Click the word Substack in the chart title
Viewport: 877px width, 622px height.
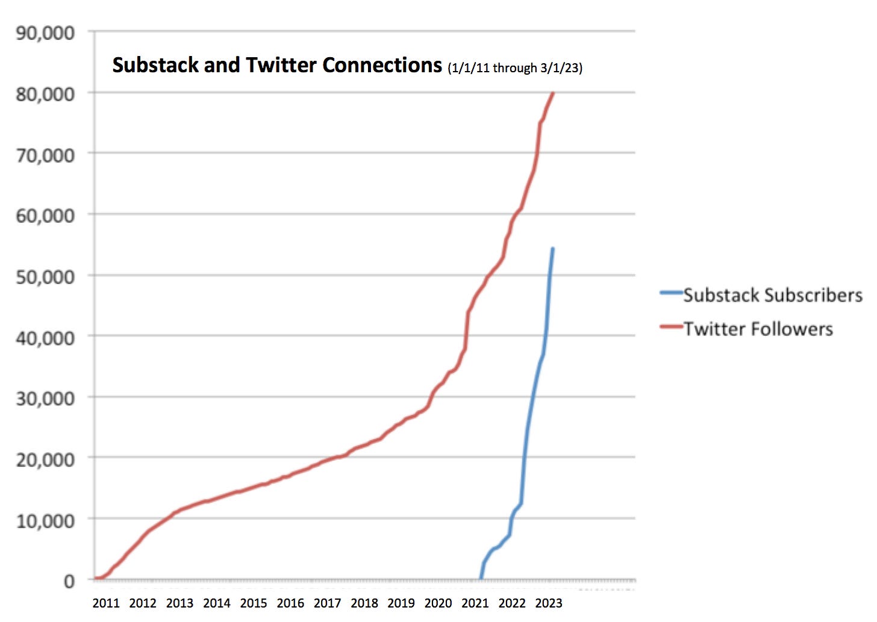click(x=155, y=65)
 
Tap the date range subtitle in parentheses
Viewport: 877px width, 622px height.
click(x=515, y=67)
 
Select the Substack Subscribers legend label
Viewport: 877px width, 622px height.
click(x=772, y=295)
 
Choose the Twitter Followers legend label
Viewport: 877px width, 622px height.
click(x=758, y=329)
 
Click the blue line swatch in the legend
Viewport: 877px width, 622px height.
click(x=671, y=293)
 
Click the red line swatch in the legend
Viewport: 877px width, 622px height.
click(x=671, y=327)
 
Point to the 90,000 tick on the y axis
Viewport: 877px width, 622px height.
click(x=45, y=33)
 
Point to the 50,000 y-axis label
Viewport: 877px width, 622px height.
click(x=45, y=277)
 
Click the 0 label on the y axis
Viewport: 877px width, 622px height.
click(x=69, y=581)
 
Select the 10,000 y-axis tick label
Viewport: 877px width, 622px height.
click(x=45, y=520)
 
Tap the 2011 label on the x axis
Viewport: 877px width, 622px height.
click(x=106, y=603)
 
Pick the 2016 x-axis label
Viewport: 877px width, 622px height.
click(x=290, y=603)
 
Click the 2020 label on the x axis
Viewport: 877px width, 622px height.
click(x=438, y=603)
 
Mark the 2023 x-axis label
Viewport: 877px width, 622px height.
click(x=548, y=603)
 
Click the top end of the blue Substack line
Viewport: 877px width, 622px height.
click(x=552, y=249)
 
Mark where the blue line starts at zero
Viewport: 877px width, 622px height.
click(x=481, y=579)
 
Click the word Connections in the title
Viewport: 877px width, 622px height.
click(x=382, y=65)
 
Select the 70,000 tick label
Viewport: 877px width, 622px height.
click(x=45, y=155)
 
